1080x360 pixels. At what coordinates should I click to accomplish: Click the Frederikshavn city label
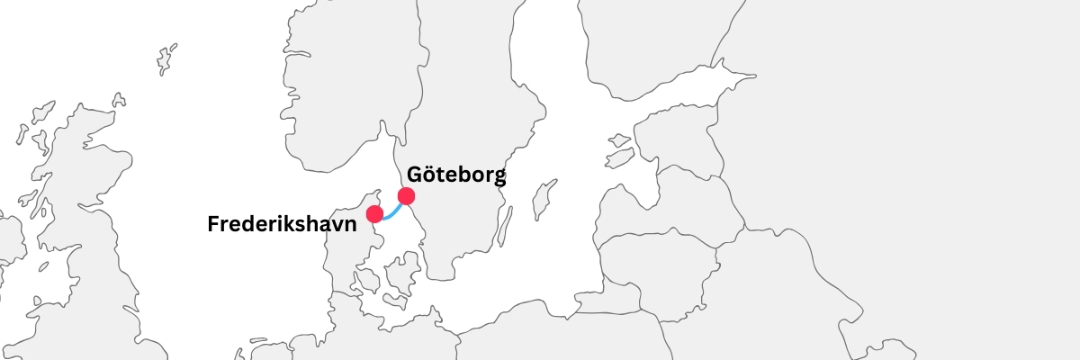282,224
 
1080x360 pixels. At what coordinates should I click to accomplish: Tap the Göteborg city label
456,175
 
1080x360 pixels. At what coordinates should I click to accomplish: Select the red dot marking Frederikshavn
375,214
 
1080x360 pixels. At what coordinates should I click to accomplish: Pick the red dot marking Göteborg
406,195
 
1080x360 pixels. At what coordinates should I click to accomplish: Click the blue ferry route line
392,212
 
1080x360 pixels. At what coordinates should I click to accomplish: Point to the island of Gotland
542,200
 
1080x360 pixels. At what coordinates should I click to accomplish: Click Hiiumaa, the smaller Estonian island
620,140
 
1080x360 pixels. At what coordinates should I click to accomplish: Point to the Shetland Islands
166,59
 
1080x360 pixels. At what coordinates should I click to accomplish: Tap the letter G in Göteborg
417,175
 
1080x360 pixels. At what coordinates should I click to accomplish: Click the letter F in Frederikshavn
213,224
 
